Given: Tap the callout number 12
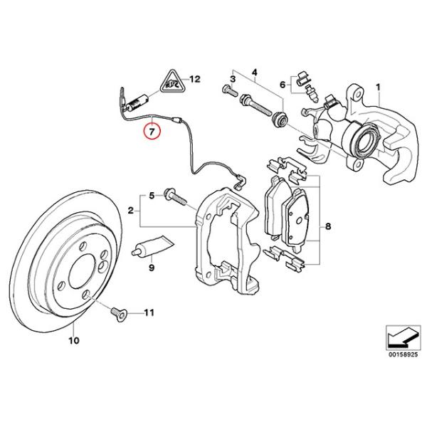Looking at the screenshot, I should click(196, 79).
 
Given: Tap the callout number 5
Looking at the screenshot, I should click(150, 195).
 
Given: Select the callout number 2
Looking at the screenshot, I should click(131, 211).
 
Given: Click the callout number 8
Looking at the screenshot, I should click(327, 227).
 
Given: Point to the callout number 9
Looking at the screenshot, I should click(151, 270).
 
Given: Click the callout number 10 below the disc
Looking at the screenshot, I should click(72, 341).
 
